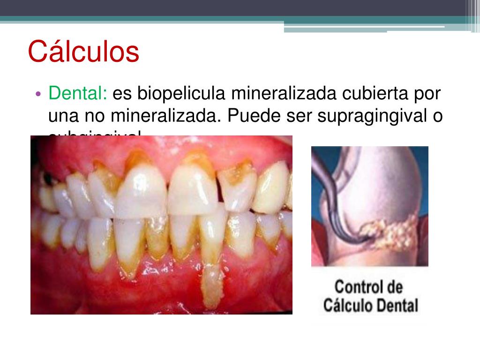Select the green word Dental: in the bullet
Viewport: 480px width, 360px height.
[x=78, y=94]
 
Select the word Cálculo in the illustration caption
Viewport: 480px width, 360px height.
[x=346, y=306]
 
